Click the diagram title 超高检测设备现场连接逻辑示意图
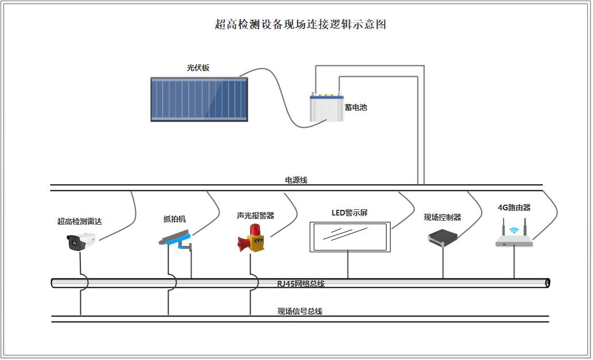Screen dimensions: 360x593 [300, 24]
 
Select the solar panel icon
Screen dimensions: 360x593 [199, 99]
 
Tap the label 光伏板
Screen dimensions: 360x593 [198, 68]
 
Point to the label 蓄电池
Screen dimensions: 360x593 [356, 107]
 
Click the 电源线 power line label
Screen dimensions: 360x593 [296, 180]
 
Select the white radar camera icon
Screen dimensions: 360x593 [79, 242]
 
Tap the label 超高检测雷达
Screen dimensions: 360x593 [80, 221]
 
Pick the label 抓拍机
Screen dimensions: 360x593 [174, 219]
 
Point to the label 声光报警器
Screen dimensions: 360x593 [255, 216]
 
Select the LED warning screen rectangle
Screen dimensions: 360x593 [349, 236]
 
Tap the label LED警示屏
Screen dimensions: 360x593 [349, 213]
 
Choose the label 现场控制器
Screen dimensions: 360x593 [442, 217]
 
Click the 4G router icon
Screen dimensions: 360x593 [514, 236]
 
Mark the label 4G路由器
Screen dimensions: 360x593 [514, 208]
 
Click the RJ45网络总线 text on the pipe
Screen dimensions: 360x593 [301, 284]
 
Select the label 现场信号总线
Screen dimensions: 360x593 [300, 311]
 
